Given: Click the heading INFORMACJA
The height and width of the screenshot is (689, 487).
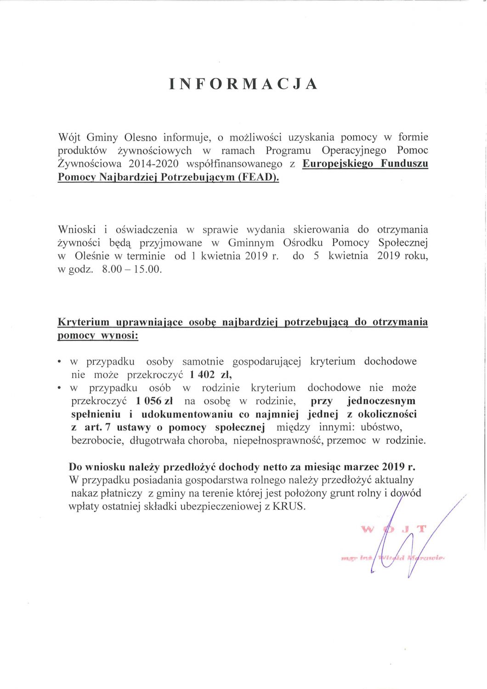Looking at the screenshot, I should (x=243, y=84).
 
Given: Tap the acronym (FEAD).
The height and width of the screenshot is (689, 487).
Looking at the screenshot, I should (x=258, y=177).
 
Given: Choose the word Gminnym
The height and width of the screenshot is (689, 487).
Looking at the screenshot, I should (x=251, y=243).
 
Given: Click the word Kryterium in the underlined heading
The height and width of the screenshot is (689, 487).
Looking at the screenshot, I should (x=84, y=322).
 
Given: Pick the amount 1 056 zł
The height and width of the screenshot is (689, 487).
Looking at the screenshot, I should (x=154, y=401).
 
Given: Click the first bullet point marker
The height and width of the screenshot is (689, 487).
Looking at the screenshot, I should (x=60, y=362).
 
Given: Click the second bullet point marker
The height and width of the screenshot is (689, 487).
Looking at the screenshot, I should (x=60, y=389).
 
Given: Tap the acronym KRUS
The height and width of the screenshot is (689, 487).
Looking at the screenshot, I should (x=289, y=507).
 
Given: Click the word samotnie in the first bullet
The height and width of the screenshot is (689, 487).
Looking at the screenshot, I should (x=203, y=361).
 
